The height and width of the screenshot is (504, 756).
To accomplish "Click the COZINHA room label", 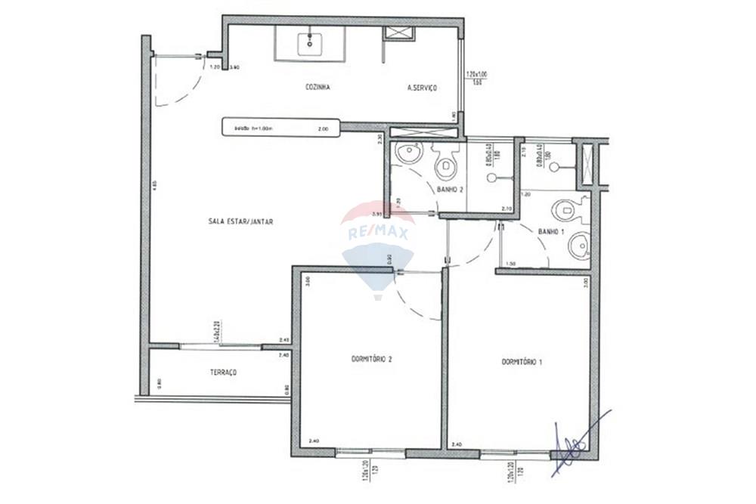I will point(318,87).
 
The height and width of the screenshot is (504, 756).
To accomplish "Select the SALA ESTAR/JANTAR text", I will point(240,221).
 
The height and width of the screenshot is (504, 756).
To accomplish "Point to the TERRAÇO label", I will point(223,373).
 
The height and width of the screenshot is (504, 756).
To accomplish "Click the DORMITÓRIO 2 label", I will point(371,359).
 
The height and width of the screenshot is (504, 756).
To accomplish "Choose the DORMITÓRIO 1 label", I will point(522,362).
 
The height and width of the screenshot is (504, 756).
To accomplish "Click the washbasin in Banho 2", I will point(408,153).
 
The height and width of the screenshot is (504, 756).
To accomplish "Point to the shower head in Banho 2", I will point(492,178).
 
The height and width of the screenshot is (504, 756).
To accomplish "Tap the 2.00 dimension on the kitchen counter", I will point(323,129).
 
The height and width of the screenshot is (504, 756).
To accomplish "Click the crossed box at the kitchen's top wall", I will point(398,32).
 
